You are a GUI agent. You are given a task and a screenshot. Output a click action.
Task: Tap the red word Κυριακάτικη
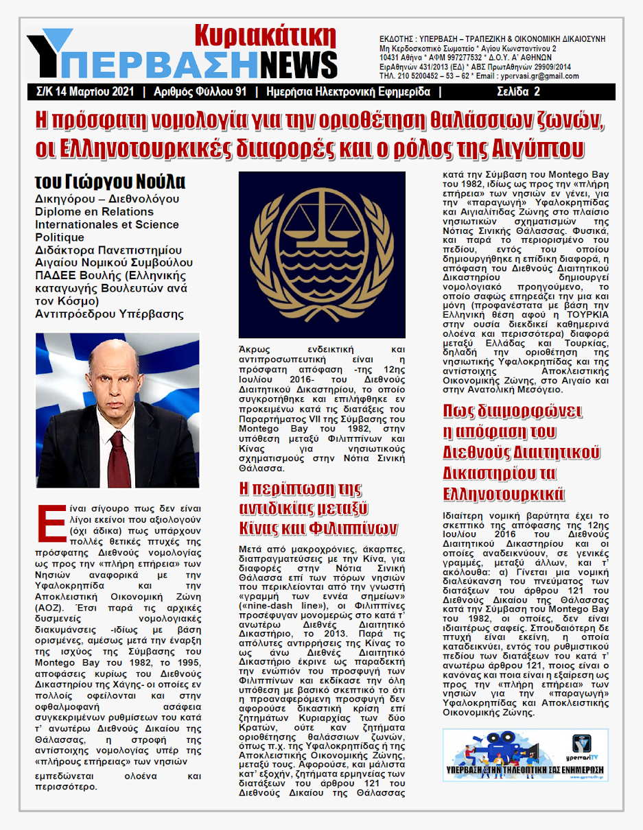265,34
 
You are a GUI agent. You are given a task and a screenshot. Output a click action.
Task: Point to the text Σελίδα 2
519,91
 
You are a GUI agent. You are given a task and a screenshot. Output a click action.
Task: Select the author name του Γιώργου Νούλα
110,182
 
